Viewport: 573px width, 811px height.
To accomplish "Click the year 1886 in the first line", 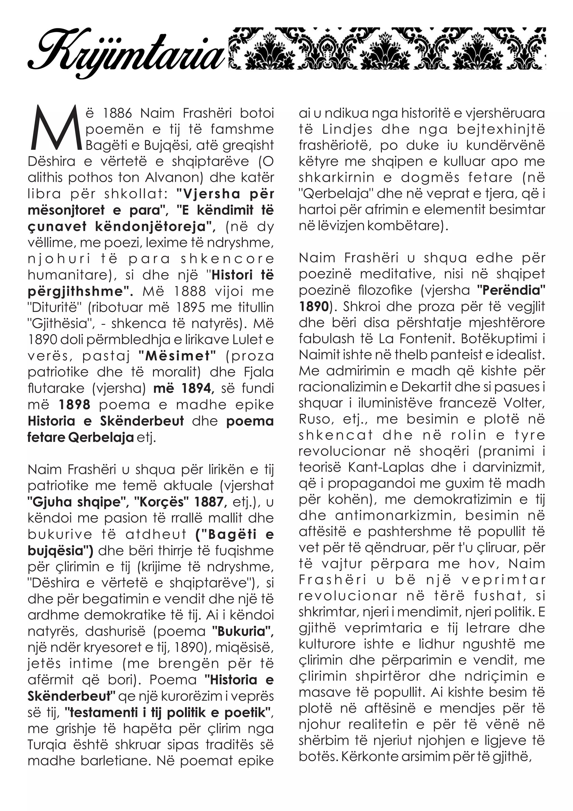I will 117,113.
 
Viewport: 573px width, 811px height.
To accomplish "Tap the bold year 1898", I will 74,405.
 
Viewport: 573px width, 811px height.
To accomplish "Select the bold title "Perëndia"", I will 511,290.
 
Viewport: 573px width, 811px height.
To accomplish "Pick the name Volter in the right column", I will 524,403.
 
